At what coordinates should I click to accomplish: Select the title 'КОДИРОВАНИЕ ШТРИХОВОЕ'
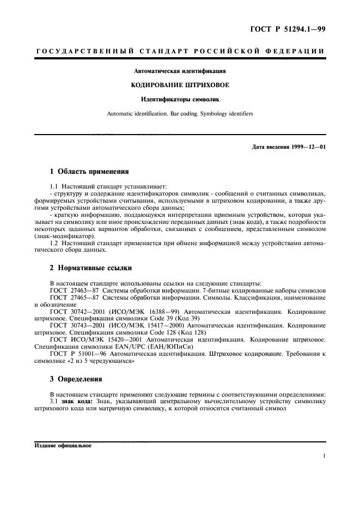click(180, 85)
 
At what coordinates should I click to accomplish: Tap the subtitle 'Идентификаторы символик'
click(180, 99)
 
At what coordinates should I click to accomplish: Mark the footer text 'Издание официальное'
click(63, 445)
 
